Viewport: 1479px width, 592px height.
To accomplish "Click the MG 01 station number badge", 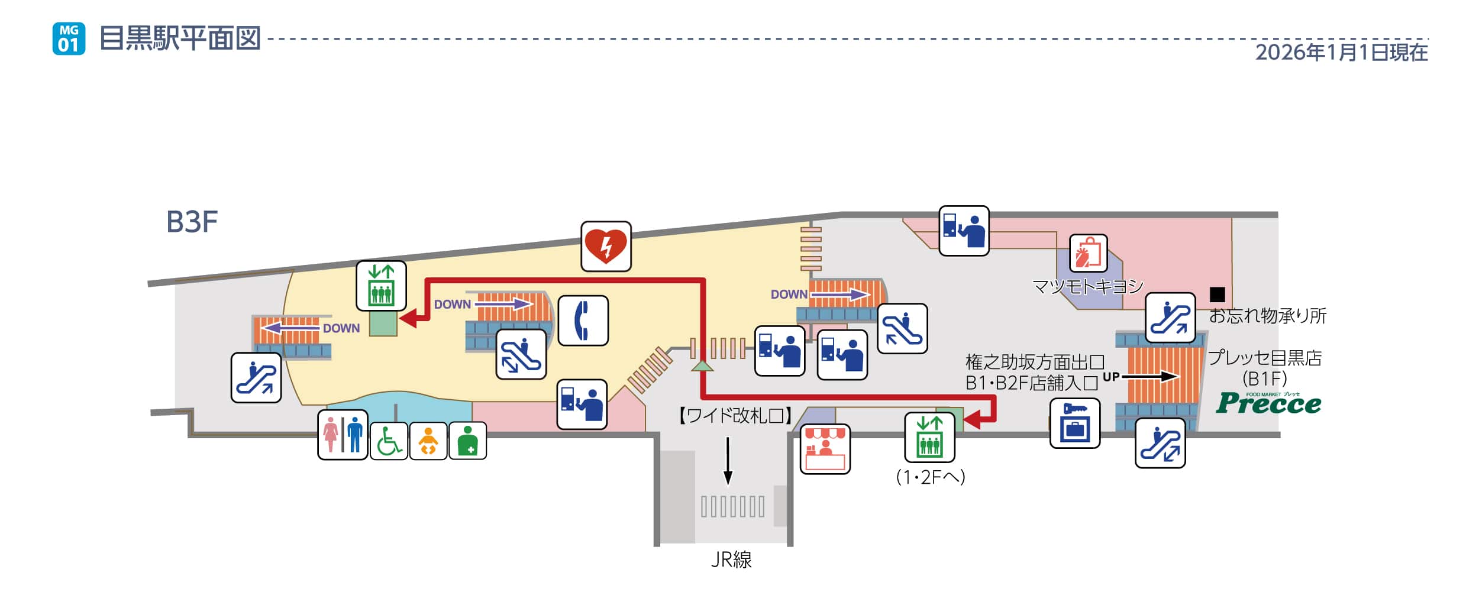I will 69,38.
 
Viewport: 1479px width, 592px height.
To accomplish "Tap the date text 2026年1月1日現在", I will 1341,53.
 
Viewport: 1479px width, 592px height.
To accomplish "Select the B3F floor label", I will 192,222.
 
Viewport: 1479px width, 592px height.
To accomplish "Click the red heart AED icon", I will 605,247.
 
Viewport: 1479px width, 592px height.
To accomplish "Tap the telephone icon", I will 583,321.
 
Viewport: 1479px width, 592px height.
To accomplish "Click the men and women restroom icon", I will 343,435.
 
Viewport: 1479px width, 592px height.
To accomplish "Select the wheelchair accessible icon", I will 389,441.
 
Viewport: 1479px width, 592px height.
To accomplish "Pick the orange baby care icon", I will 428,441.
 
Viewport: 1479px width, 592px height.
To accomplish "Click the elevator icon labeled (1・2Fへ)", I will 929,438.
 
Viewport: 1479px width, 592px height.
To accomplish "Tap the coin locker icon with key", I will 1074,423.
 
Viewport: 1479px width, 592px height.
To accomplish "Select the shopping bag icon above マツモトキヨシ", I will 1088,253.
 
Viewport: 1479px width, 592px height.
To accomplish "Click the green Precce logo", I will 1268,403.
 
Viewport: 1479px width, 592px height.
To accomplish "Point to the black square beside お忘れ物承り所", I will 1217,294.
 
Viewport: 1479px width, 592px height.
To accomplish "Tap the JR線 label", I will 731,559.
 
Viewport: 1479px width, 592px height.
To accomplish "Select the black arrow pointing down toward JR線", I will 728,461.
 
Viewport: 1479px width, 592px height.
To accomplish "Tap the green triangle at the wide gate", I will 702,366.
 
